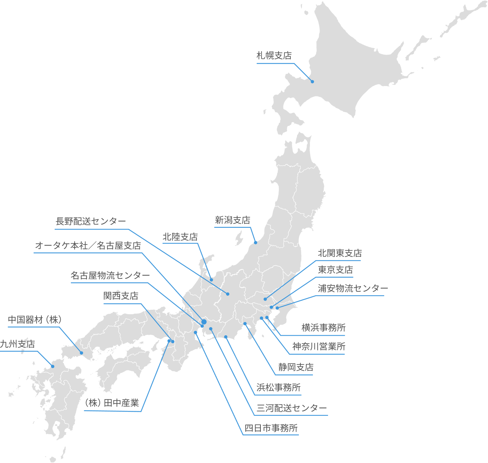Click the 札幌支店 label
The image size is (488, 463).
274,56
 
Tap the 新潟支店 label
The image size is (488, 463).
233,220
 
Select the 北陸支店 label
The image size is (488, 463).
180,237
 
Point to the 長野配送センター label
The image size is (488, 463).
91,221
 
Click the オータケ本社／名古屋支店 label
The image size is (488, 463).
88,246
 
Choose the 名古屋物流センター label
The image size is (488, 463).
110,275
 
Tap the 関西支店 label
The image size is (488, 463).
121,296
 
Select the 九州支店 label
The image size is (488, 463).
17,344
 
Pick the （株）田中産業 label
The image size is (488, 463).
112,403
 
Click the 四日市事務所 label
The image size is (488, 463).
271,428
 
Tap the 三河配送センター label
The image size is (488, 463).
292,408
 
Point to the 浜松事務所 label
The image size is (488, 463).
279,387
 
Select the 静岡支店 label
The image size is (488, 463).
296,367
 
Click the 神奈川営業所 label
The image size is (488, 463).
319,346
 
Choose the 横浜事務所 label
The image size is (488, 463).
324,327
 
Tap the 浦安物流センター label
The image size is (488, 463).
353,288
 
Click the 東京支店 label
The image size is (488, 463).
335,270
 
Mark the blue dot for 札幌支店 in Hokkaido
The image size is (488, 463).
312,82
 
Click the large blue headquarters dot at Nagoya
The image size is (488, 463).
204,322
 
